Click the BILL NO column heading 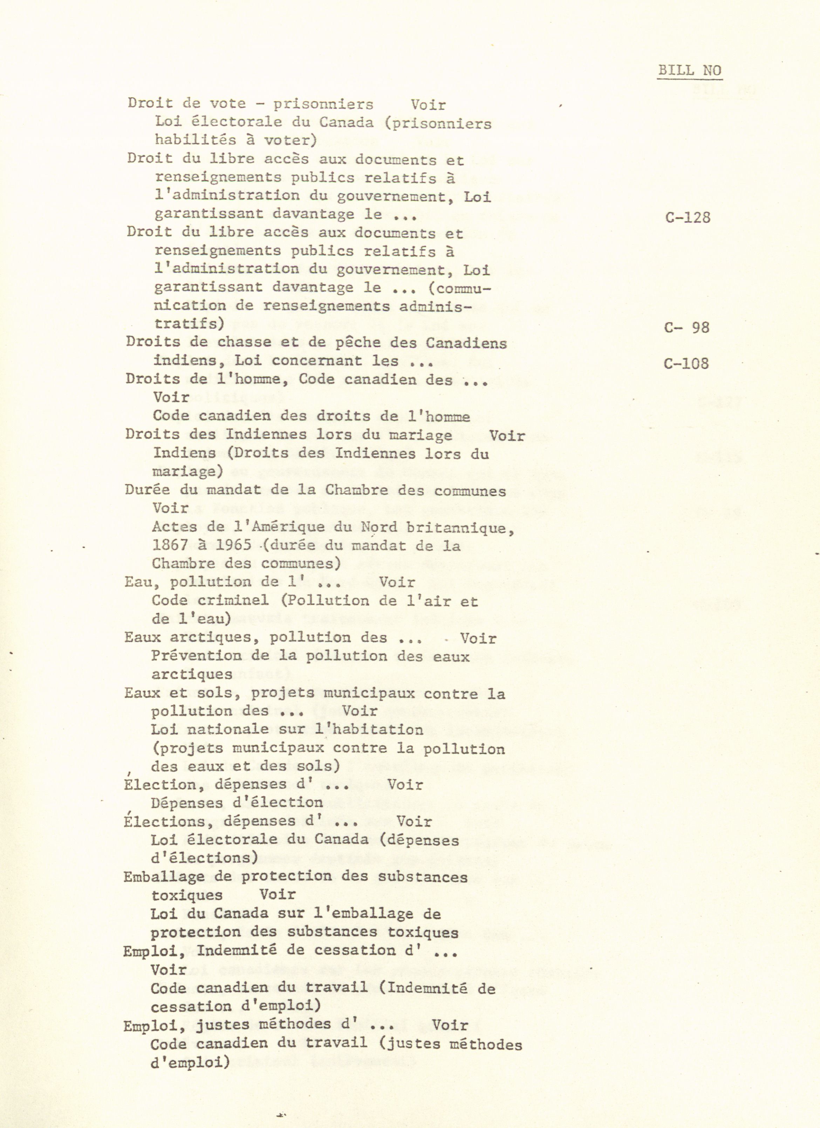tap(689, 71)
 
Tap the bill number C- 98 tap(686, 327)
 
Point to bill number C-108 tap(686, 364)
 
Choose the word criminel tap(233, 600)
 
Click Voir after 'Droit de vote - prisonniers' tap(428, 105)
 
